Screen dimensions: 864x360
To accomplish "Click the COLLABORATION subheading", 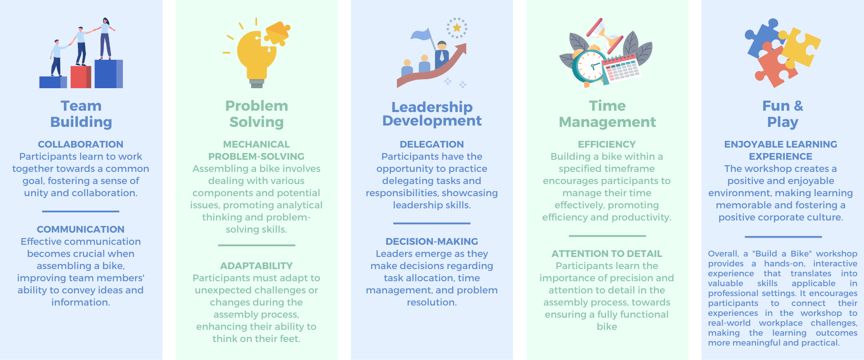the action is pyautogui.click(x=81, y=144).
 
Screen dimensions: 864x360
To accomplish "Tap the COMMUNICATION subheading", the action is pyautogui.click(x=81, y=229).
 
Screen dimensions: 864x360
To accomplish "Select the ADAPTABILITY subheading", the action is pyautogui.click(x=256, y=266).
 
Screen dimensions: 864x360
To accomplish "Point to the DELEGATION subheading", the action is pyautogui.click(x=432, y=144).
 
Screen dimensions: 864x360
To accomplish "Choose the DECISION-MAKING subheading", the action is pyautogui.click(x=432, y=242).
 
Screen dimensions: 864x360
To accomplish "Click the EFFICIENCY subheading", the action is pyautogui.click(x=607, y=144).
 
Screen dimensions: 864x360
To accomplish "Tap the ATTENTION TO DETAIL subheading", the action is pyautogui.click(x=607, y=254).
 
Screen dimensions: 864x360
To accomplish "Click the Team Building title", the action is pyautogui.click(x=81, y=114).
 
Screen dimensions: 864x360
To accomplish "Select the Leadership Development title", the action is pyautogui.click(x=432, y=114).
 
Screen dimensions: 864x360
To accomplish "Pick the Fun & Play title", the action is pyautogui.click(x=783, y=114).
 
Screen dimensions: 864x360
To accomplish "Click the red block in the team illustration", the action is pyautogui.click(x=81, y=77).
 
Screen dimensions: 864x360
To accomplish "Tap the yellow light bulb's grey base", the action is pyautogui.click(x=257, y=83).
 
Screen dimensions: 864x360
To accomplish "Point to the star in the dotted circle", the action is pyautogui.click(x=457, y=28).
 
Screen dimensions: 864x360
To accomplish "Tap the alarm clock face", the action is pyautogui.click(x=590, y=67).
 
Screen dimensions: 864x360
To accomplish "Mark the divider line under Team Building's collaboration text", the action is pyautogui.click(x=81, y=211).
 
